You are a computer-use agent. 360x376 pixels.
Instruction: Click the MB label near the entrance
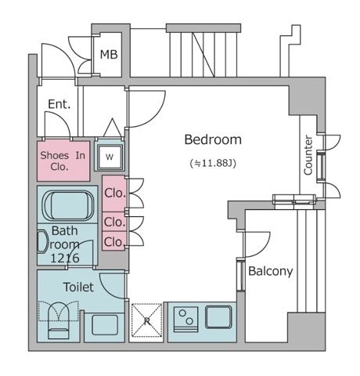pyautogui.click(x=108, y=55)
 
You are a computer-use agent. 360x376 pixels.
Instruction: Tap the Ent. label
pyautogui.click(x=59, y=104)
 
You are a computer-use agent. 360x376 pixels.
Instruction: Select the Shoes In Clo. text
pyautogui.click(x=65, y=160)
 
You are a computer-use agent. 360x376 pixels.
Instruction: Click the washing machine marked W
pyautogui.click(x=110, y=156)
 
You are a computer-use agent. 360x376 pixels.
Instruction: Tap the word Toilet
pyautogui.click(x=78, y=287)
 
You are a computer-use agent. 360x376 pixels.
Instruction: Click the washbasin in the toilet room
pyautogui.click(x=104, y=323)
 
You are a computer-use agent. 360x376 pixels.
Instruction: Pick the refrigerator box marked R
pyautogui.click(x=146, y=320)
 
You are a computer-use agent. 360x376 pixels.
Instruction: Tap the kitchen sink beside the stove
pyautogui.click(x=218, y=317)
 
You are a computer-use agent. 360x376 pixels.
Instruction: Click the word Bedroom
pyautogui.click(x=213, y=140)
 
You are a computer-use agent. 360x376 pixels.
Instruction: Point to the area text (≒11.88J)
pyautogui.click(x=213, y=164)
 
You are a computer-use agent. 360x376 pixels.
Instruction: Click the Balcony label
pyautogui.click(x=270, y=272)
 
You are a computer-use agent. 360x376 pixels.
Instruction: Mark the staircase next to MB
pyautogui.click(x=202, y=53)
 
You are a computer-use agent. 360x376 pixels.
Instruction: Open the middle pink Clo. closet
pyautogui.click(x=114, y=222)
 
